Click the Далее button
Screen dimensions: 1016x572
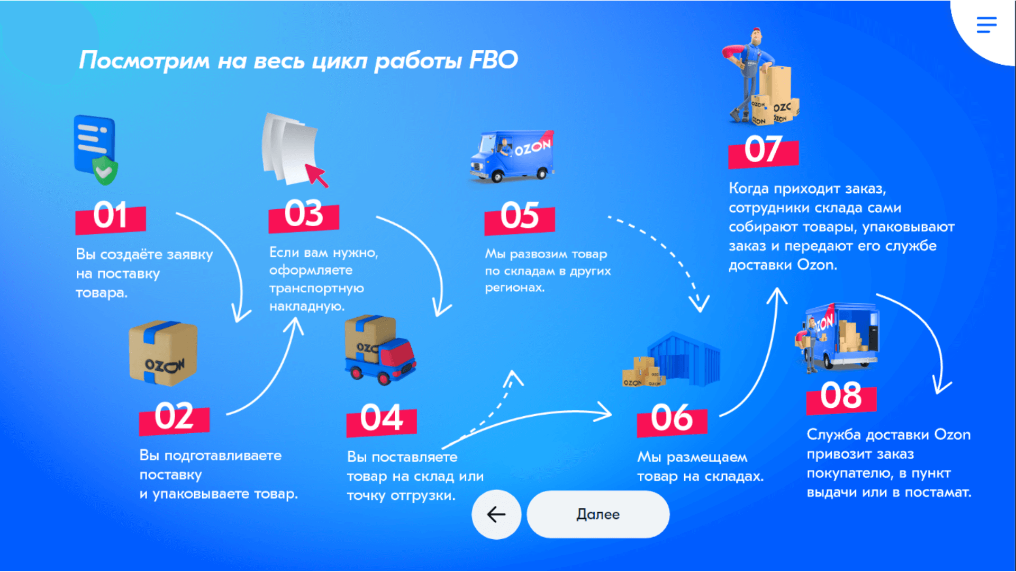click(598, 514)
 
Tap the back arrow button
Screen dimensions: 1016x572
click(496, 514)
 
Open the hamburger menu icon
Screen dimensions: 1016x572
click(986, 25)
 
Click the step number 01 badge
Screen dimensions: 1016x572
click(111, 217)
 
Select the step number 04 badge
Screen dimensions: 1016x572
click(382, 420)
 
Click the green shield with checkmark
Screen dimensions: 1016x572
click(105, 171)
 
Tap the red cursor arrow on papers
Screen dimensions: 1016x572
click(316, 175)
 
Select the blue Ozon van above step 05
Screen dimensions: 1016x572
click(512, 156)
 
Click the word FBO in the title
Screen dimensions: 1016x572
click(493, 60)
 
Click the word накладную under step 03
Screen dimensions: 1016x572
click(307, 307)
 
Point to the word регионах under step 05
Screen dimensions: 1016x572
click(515, 288)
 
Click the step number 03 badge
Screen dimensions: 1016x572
click(304, 216)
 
